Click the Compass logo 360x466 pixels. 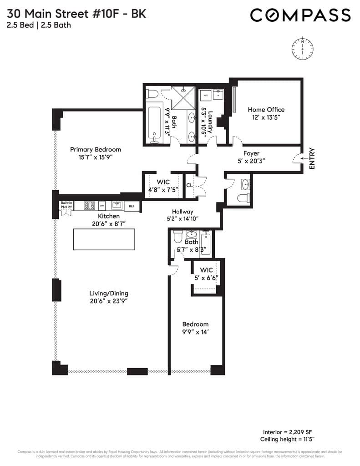300,15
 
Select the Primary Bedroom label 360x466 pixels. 95,149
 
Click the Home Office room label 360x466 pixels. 266,110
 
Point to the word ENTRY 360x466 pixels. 312,159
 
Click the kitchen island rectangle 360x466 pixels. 104,239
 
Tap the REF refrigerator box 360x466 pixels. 132,206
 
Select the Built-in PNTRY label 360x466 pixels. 66,205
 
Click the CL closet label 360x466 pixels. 189,186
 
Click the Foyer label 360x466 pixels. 251,153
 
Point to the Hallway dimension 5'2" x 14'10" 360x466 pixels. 183,218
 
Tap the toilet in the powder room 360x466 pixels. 244,198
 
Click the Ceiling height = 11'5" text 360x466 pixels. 287,439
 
